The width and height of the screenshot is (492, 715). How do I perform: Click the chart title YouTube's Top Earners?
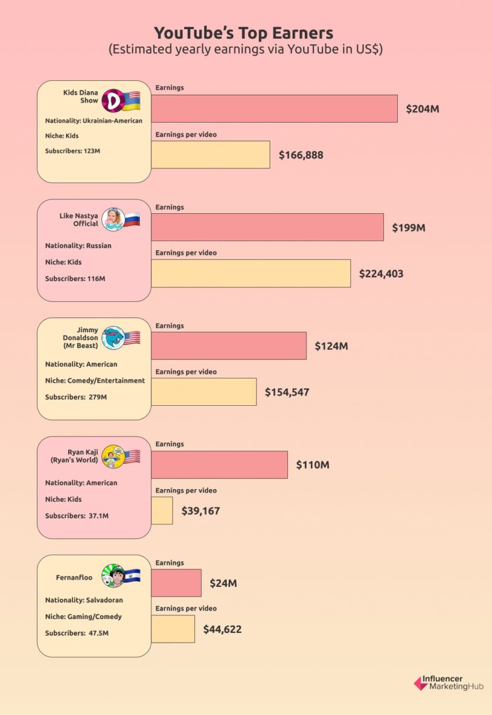pos(243,33)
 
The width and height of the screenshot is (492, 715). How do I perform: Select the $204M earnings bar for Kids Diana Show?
pos(274,109)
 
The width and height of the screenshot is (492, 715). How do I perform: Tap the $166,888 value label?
pos(301,155)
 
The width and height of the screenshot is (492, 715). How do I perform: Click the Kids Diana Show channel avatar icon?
pos(112,100)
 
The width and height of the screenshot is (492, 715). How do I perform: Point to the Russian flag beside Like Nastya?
pos(131,219)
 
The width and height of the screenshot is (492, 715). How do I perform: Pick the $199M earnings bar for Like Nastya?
pos(267,227)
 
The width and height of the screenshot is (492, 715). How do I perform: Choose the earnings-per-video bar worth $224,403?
pos(251,273)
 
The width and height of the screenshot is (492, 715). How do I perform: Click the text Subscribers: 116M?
pos(75,278)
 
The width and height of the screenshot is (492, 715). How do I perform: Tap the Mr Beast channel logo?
pos(112,338)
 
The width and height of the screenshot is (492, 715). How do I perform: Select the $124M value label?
pos(331,346)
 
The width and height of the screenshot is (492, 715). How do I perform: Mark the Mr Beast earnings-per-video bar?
pos(203,392)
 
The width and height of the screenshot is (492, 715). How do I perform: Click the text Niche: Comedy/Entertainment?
pos(95,380)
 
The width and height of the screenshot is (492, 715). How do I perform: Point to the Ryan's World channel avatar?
pos(112,456)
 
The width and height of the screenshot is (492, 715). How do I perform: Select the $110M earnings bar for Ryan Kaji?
pos(219,465)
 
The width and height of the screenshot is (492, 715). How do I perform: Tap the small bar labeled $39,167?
pos(162,510)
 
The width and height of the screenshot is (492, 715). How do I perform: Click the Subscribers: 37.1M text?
pos(77,516)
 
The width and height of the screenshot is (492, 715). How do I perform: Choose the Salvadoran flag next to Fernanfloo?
pos(131,575)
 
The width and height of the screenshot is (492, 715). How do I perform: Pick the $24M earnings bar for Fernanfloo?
pos(176,583)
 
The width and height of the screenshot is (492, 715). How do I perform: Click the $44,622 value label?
pos(222,629)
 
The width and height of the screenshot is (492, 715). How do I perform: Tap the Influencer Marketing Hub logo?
pos(448,683)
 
